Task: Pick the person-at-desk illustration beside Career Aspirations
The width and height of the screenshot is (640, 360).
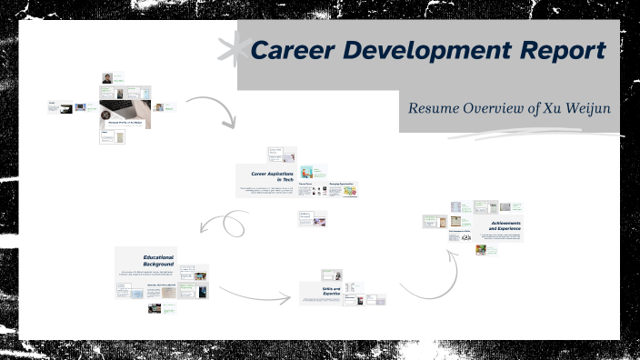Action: pos(308,172)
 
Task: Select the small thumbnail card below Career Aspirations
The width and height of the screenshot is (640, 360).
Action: pos(311,219)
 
